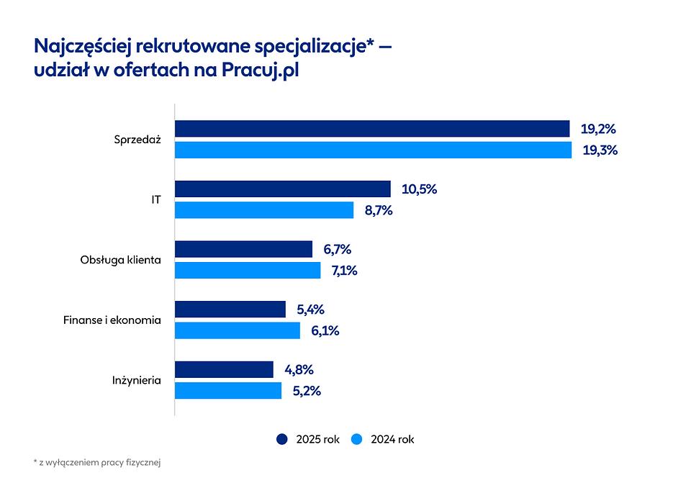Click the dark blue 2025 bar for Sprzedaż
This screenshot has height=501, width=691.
pyautogui.click(x=372, y=129)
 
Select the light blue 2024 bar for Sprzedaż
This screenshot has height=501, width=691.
pyautogui.click(x=374, y=150)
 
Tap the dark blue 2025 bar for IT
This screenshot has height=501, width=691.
pyautogui.click(x=283, y=189)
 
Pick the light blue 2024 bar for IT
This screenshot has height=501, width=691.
pyautogui.click(x=264, y=209)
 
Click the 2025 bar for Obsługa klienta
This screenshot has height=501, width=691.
pyautogui.click(x=244, y=249)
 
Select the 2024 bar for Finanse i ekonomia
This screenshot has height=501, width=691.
pyautogui.click(x=238, y=330)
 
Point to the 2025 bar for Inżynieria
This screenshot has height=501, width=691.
pyautogui.click(x=225, y=369)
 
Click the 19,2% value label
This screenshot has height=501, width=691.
pyautogui.click(x=598, y=129)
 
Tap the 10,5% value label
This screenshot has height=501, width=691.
pyautogui.click(x=419, y=189)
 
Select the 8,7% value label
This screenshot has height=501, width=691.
pyautogui.click(x=379, y=211)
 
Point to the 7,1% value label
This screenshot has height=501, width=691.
pyautogui.click(x=344, y=271)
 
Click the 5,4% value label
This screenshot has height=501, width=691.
pyautogui.click(x=310, y=310)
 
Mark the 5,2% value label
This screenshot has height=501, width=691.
pyautogui.click(x=307, y=392)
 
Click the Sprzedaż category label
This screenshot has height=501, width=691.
pyautogui.click(x=137, y=140)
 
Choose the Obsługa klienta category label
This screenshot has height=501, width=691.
pyautogui.click(x=120, y=260)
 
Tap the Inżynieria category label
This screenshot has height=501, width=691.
pyautogui.click(x=137, y=380)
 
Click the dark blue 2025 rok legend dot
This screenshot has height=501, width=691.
pyautogui.click(x=282, y=439)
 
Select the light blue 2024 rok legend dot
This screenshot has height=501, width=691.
pyautogui.click(x=357, y=439)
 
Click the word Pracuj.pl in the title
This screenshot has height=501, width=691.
pyautogui.click(x=260, y=70)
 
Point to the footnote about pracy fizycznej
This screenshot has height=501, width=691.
pyautogui.click(x=97, y=463)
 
